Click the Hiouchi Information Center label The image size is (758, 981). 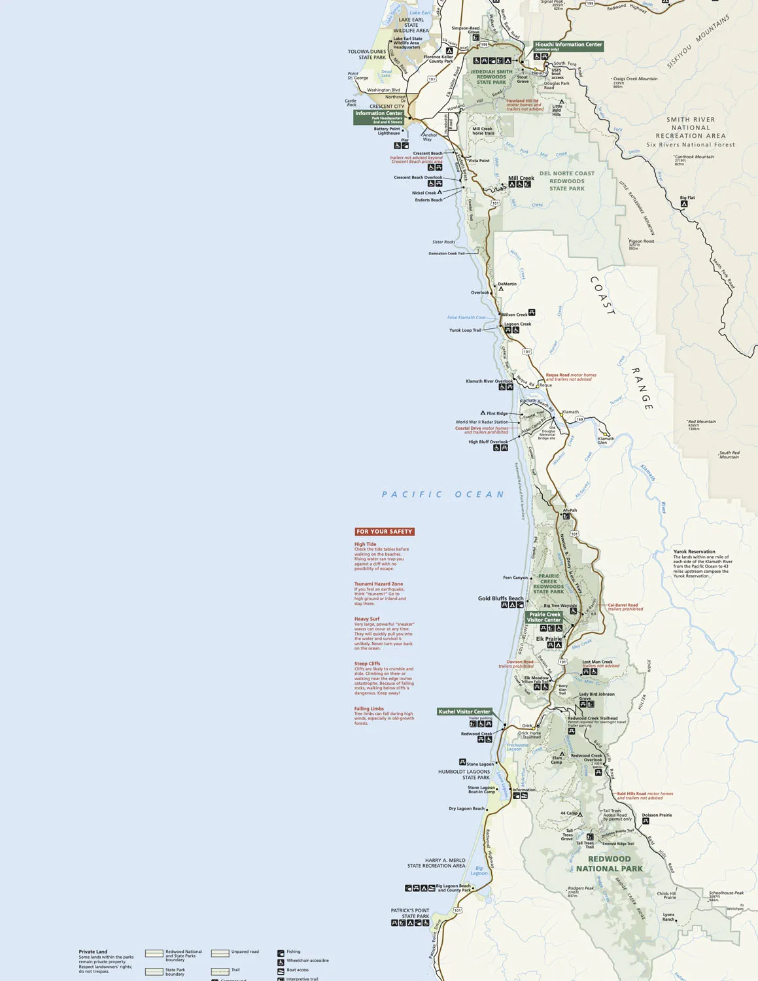(x=568, y=46)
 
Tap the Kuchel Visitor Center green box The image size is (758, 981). (x=464, y=712)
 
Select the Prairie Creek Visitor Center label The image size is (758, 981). (x=544, y=617)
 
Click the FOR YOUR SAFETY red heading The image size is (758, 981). (x=385, y=532)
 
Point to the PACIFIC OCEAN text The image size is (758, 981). (x=443, y=494)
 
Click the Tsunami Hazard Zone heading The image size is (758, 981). (x=379, y=584)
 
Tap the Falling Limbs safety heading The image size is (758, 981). (x=369, y=708)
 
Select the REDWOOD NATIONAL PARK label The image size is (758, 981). (x=610, y=864)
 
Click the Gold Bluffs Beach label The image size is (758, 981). (x=500, y=598)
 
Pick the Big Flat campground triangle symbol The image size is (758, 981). (x=684, y=204)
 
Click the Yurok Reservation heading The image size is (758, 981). (x=694, y=551)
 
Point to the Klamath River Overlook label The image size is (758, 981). (x=489, y=381)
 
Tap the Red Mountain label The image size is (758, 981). (x=702, y=422)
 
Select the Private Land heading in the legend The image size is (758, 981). (x=93, y=952)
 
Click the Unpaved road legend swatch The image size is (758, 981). (x=220, y=953)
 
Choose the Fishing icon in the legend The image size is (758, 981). (x=281, y=953)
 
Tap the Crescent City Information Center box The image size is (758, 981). (x=379, y=116)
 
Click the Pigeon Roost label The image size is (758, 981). (x=641, y=241)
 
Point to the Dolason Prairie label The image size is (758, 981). (x=657, y=815)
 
